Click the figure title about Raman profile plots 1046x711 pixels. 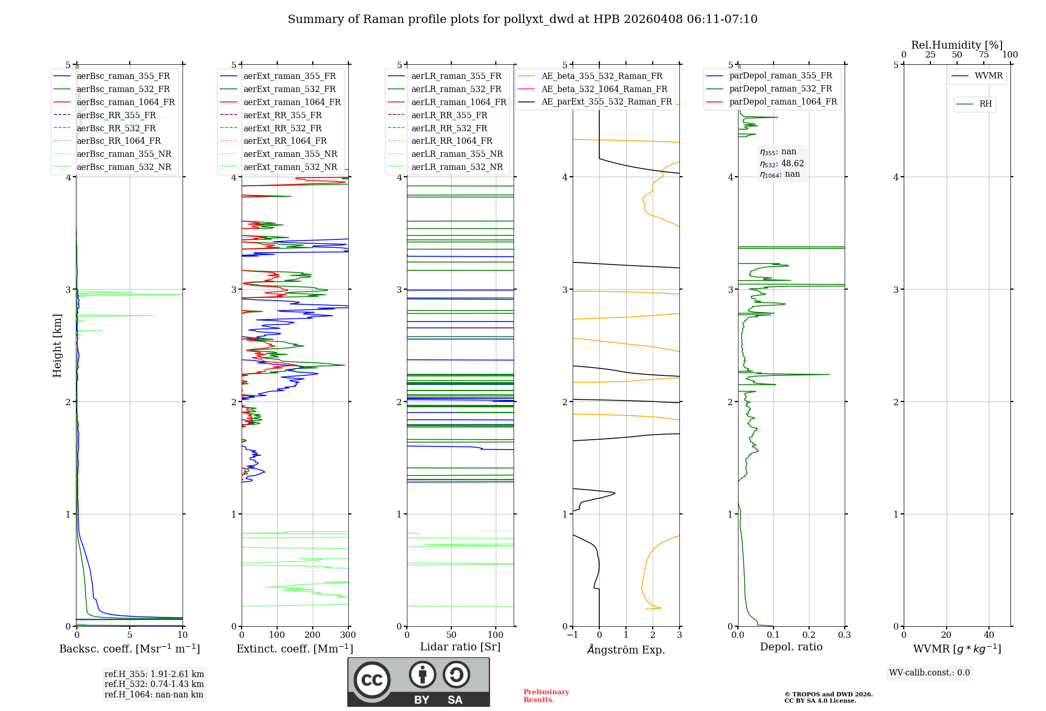point(522,19)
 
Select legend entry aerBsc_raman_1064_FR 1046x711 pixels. point(126,102)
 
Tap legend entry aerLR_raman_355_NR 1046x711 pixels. point(457,154)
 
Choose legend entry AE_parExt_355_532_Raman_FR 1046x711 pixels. point(607,101)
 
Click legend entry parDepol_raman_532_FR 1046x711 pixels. point(780,89)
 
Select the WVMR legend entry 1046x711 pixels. point(988,76)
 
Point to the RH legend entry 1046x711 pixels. point(985,104)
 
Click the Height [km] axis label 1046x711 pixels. point(57,346)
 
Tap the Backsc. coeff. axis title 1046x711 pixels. point(129,649)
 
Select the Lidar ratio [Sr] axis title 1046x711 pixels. point(460,647)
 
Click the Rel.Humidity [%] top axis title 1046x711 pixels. point(957,45)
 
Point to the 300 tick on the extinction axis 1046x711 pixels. point(348,635)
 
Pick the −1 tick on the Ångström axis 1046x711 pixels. point(572,635)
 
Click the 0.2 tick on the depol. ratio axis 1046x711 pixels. point(809,635)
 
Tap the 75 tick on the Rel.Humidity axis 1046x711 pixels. point(983,55)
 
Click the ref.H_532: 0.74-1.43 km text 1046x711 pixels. point(154,684)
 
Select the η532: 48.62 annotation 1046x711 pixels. point(782,164)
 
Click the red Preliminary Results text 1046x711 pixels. point(546,696)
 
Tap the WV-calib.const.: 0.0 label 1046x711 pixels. point(929,673)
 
